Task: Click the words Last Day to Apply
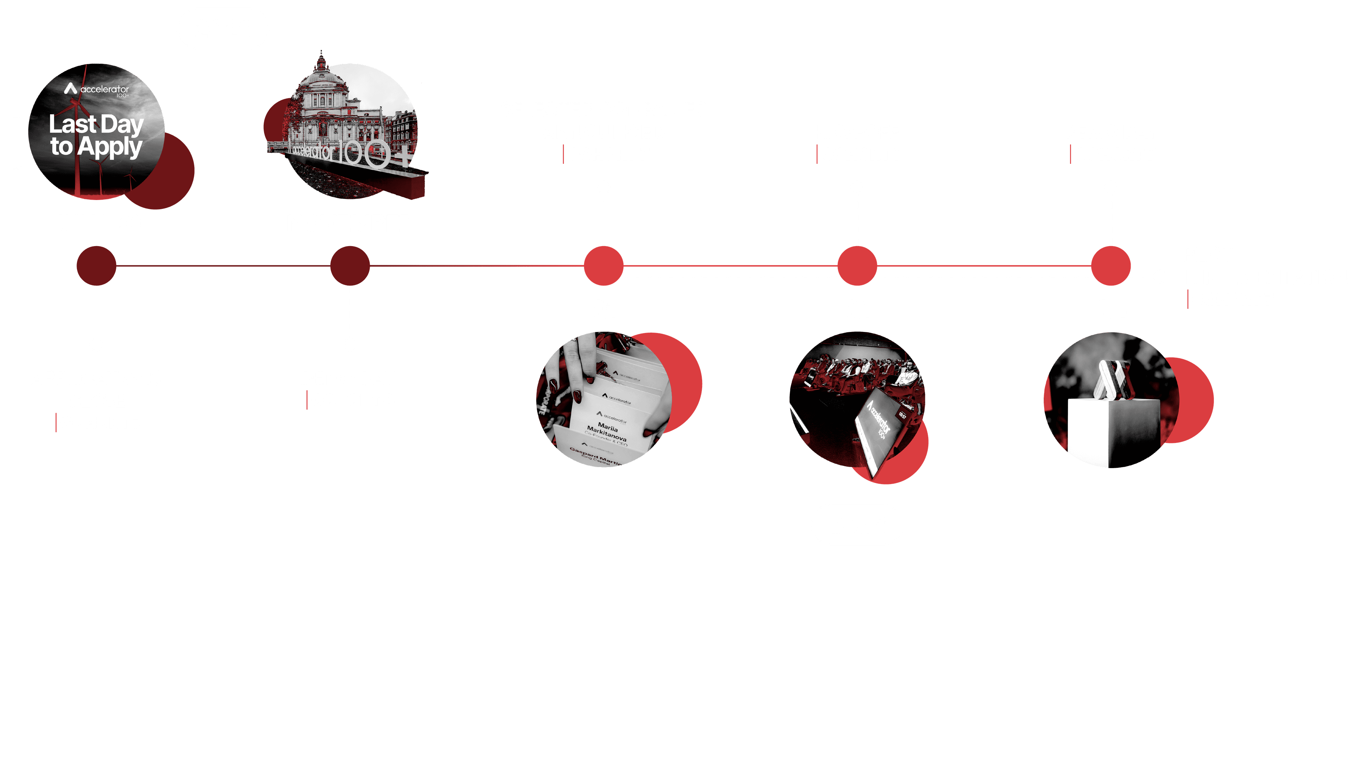tap(96, 135)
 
